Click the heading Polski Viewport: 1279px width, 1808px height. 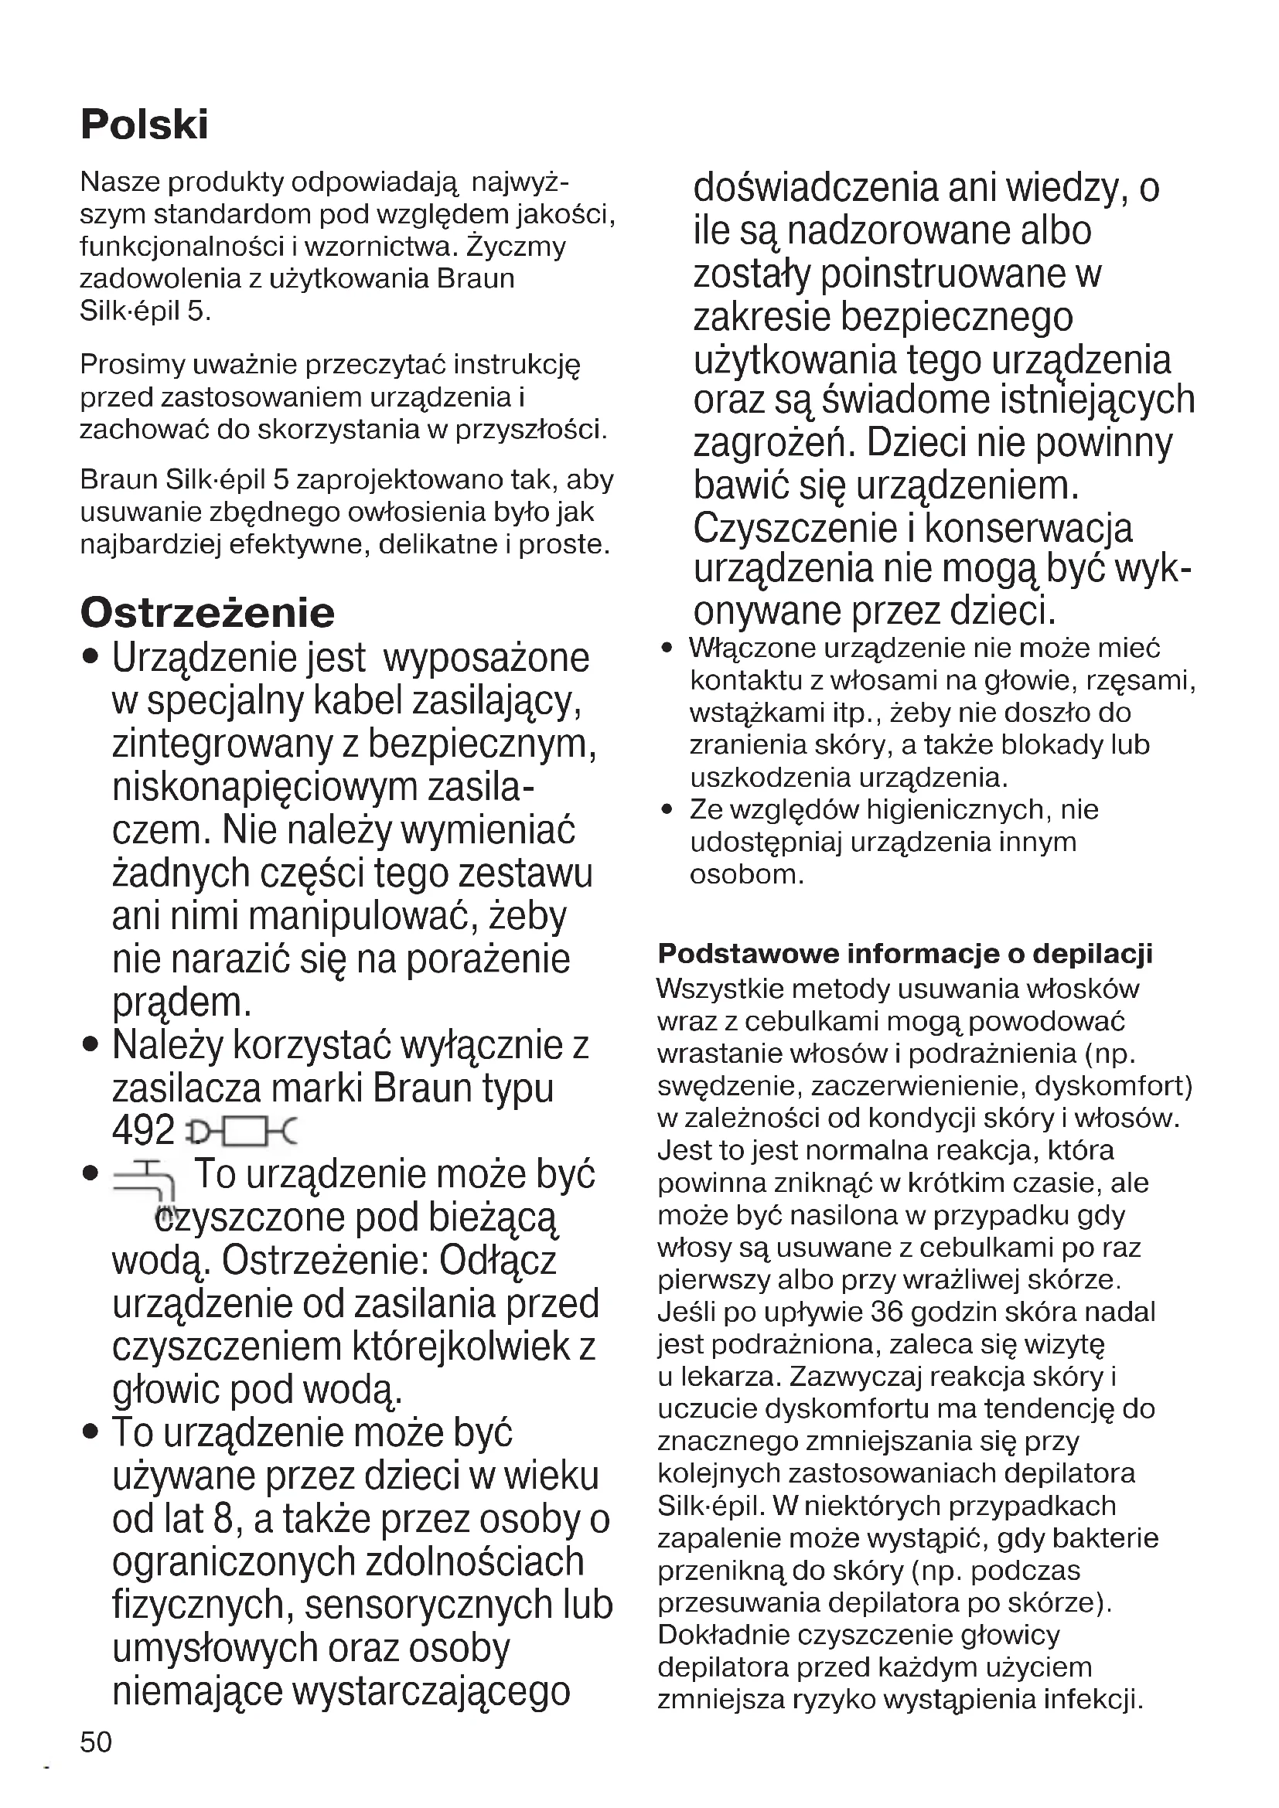click(x=145, y=124)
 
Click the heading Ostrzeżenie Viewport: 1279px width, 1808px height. click(x=207, y=613)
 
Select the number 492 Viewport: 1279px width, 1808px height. click(x=142, y=1131)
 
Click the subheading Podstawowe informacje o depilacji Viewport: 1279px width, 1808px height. click(x=905, y=954)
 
